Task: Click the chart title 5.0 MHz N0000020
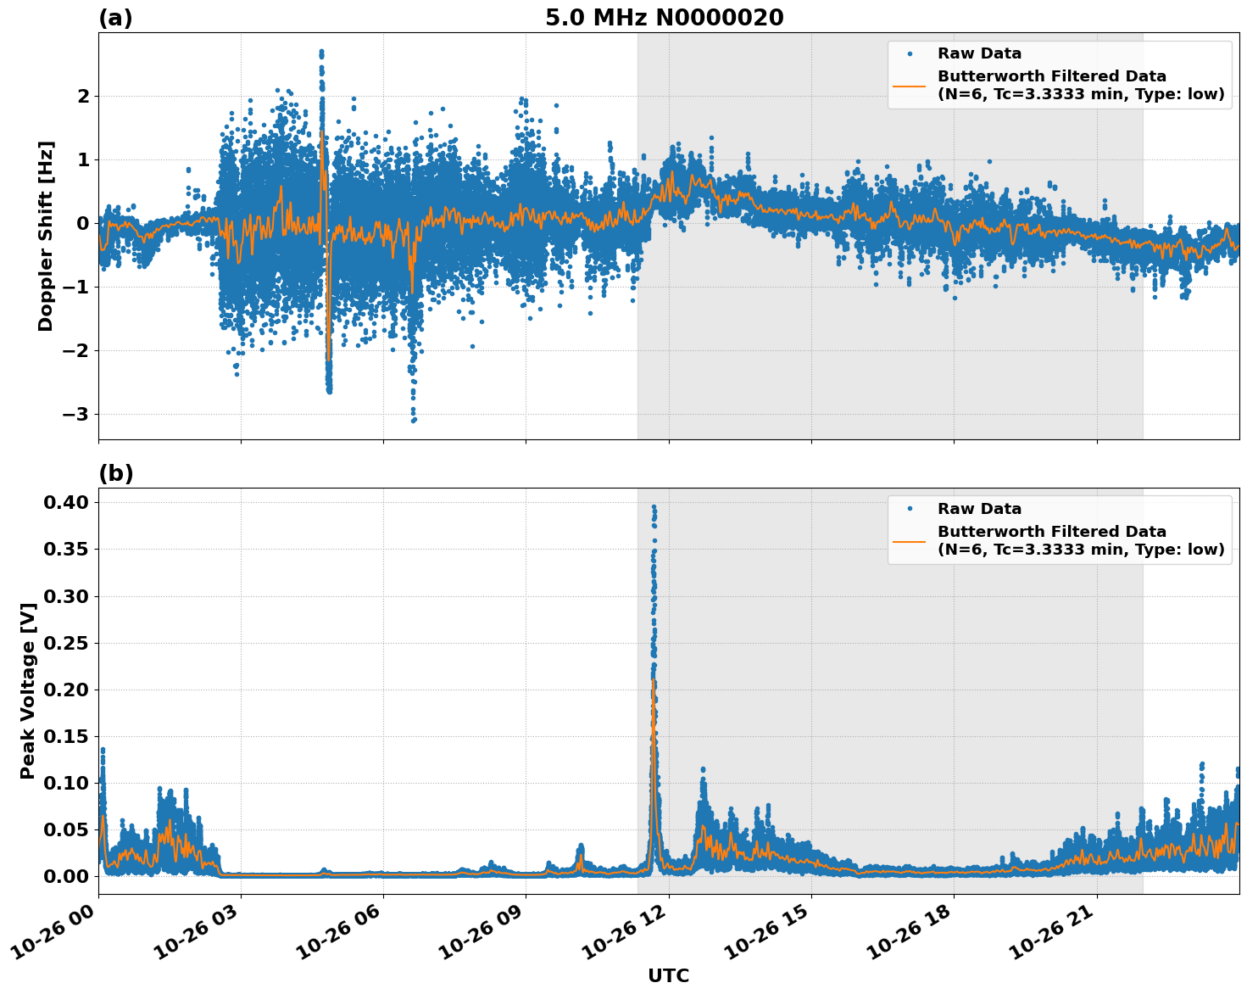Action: (664, 18)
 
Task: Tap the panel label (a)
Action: (115, 18)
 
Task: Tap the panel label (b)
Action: (115, 473)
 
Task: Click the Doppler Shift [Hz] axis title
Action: (46, 236)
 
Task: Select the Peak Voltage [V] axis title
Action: (28, 690)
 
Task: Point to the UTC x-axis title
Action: (668, 975)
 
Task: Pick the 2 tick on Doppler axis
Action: (83, 97)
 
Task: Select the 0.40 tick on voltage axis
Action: (67, 503)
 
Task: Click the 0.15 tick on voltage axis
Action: (67, 736)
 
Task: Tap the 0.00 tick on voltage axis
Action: (67, 876)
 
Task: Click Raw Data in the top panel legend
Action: (979, 53)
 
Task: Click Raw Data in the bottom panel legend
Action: (979, 509)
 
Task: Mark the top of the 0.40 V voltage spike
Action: (654, 506)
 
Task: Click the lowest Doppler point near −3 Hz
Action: (413, 421)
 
